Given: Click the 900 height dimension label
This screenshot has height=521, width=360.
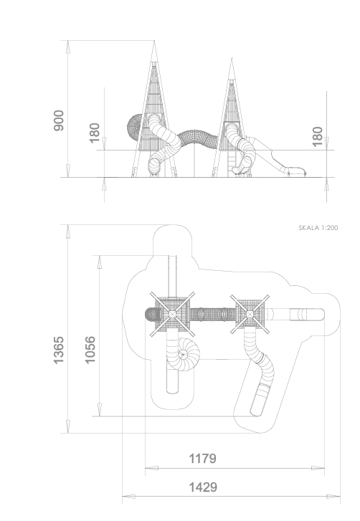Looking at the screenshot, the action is (x=59, y=120).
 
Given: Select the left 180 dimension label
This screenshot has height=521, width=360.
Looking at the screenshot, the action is (x=95, y=133).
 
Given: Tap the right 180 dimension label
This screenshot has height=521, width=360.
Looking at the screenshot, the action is (x=318, y=136).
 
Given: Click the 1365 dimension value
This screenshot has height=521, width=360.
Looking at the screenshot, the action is (x=59, y=350).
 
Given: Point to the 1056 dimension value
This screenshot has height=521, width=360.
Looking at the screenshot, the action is (x=90, y=350).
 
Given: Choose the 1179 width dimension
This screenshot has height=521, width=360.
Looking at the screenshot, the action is (x=202, y=459).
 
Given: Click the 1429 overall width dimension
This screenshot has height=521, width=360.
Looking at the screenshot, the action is (x=203, y=487).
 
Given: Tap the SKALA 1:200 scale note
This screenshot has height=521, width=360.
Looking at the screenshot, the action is (x=318, y=228).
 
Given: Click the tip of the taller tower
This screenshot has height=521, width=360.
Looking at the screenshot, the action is (x=154, y=41).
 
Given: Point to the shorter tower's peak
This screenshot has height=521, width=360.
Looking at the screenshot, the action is (x=232, y=59).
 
